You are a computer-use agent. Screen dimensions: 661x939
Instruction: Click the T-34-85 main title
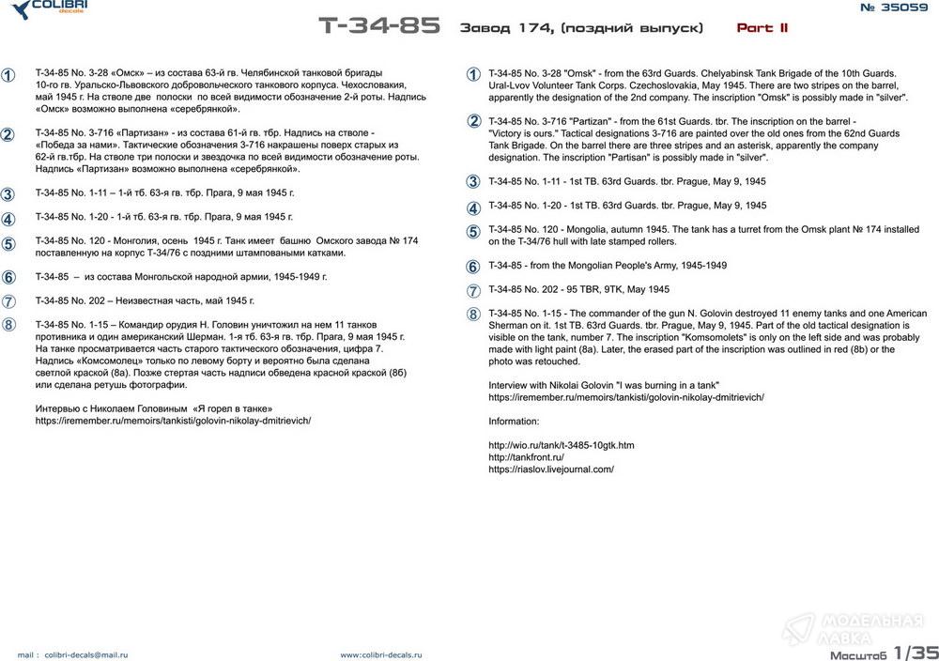pos(378,26)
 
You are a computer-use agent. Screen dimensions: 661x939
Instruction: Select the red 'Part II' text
pos(762,28)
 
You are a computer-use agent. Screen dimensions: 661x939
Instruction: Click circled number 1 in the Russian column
pos(8,75)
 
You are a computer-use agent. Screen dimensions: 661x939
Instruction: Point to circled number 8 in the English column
pos(473,315)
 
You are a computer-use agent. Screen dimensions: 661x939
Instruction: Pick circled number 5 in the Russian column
pos(8,244)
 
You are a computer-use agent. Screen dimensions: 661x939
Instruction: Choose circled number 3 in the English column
pos(473,182)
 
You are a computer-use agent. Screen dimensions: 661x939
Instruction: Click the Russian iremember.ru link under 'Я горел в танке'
pos(173,421)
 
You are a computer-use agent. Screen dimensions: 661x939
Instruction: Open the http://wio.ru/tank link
pos(562,445)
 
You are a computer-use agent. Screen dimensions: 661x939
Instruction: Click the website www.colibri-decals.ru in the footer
pos(381,654)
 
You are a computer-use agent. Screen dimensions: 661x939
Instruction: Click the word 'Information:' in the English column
pos(515,422)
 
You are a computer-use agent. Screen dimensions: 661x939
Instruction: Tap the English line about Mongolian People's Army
pos(608,266)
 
